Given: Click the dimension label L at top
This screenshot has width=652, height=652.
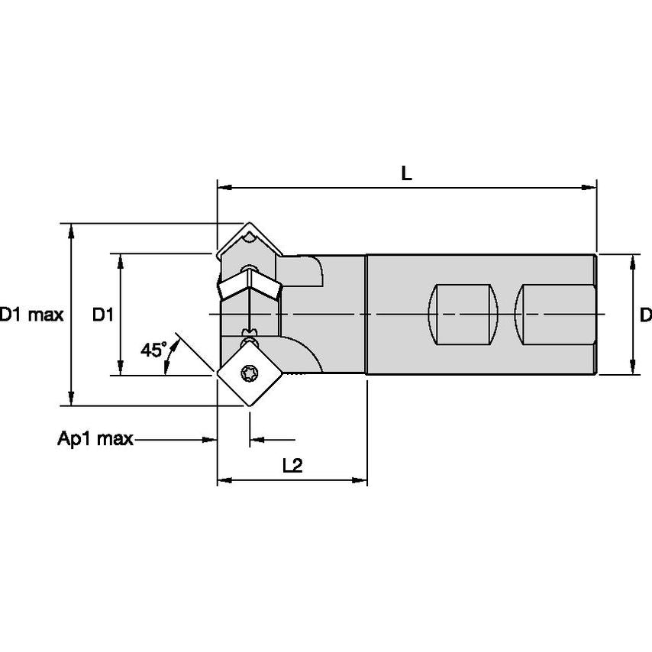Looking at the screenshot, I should click(x=407, y=173).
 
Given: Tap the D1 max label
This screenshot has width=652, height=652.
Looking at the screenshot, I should click(x=31, y=314).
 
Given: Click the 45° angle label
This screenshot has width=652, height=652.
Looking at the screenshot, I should click(x=153, y=350).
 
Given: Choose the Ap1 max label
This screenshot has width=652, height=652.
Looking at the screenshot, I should click(x=95, y=439).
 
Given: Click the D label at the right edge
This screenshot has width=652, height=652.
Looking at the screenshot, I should click(x=645, y=314).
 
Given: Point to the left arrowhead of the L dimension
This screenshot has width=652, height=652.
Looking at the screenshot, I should click(x=224, y=186).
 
